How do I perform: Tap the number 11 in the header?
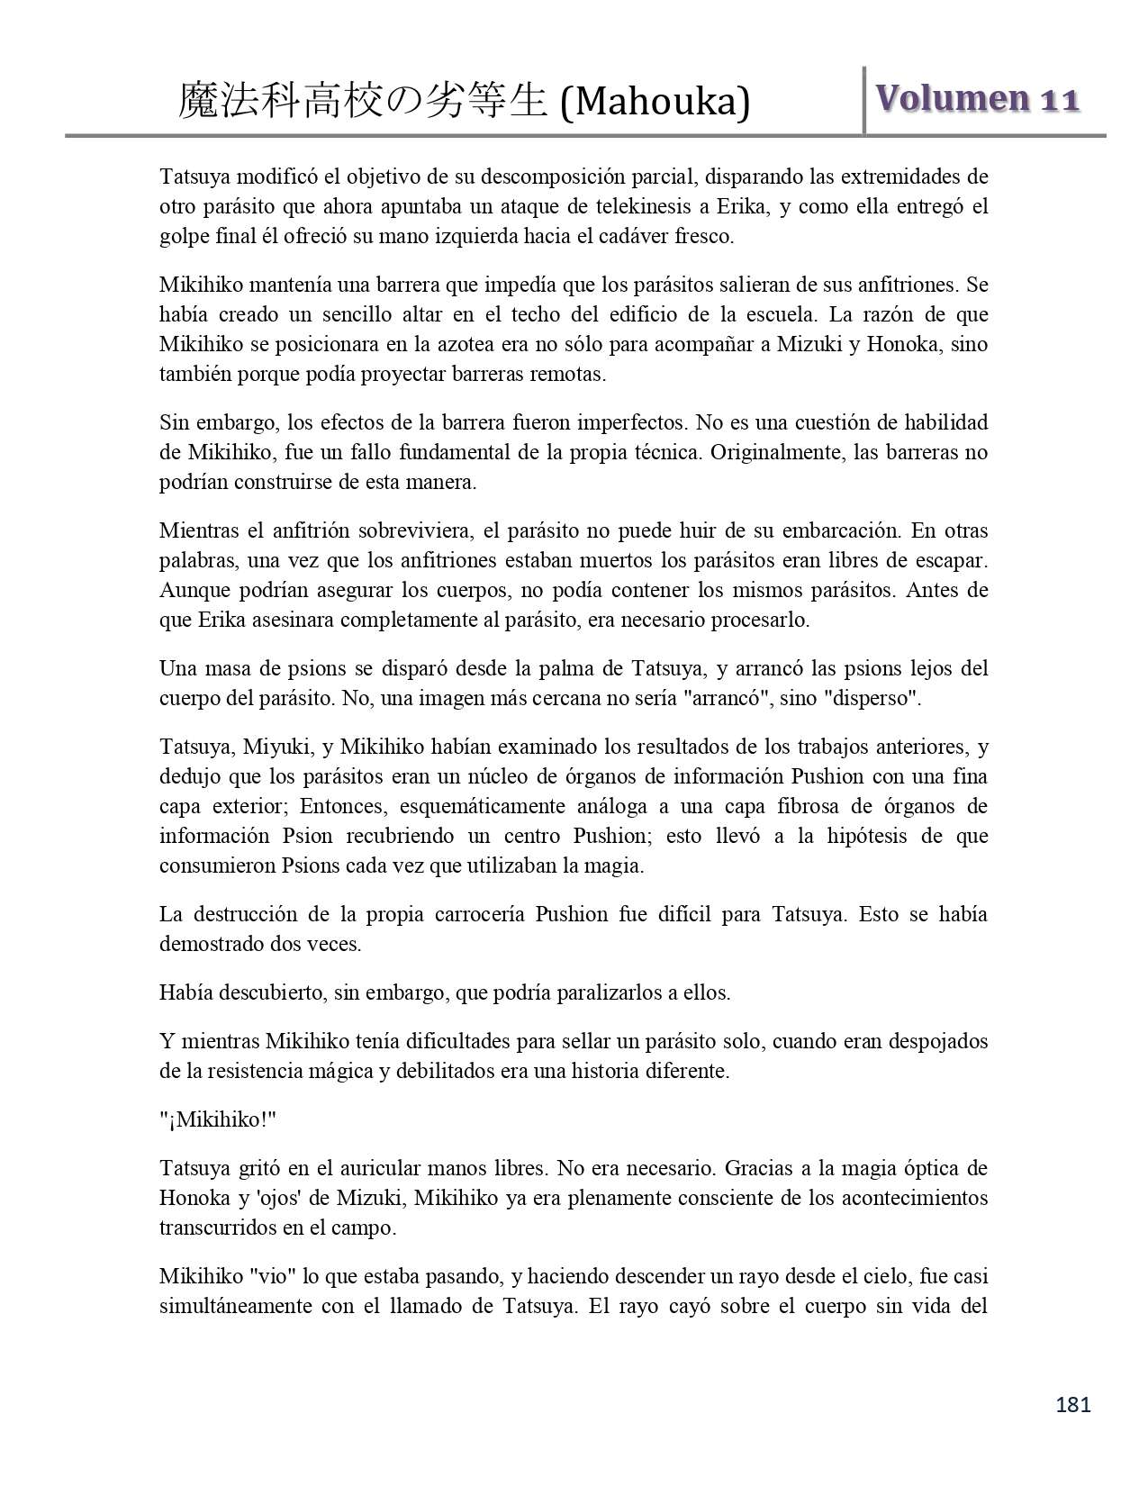tap(1059, 100)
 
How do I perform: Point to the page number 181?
tap(1072, 1404)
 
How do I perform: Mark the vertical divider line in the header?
tap(864, 100)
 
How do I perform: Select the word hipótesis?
tap(860, 836)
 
